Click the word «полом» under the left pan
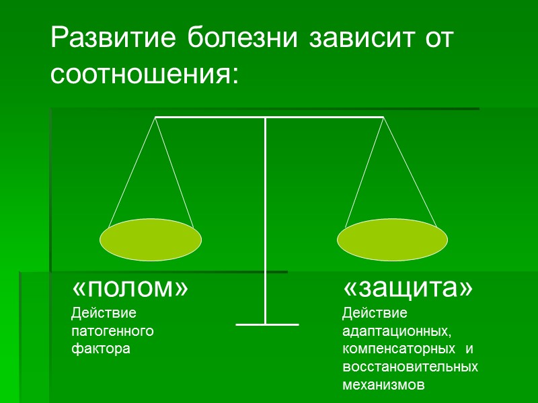click(130, 288)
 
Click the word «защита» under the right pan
click(408, 288)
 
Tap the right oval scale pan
click(392, 240)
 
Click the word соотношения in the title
click(145, 73)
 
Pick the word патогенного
click(112, 331)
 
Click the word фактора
click(100, 349)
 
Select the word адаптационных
click(396, 331)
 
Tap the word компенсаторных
click(395, 349)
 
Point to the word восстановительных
click(410, 367)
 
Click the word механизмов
click(383, 386)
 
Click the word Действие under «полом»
click(104, 313)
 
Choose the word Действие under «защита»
click(375, 313)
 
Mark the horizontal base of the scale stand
click(267, 325)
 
